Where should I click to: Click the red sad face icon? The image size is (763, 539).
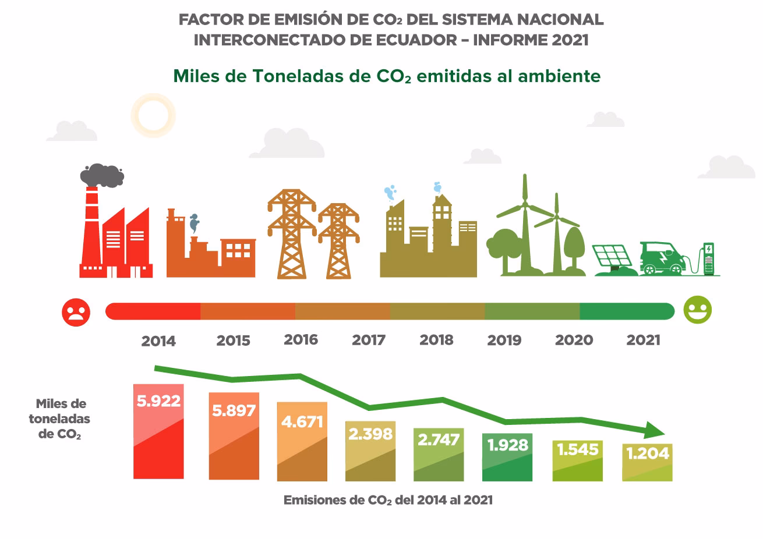click(x=76, y=312)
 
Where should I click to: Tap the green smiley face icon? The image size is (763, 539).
click(x=698, y=310)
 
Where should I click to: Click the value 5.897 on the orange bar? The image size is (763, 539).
click(x=234, y=411)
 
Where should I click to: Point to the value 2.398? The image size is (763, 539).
click(x=370, y=434)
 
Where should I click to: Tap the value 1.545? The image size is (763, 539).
click(x=577, y=449)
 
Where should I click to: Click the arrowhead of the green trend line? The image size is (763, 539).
click(x=655, y=430)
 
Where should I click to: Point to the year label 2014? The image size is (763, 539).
click(x=158, y=341)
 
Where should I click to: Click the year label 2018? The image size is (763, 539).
click(x=436, y=340)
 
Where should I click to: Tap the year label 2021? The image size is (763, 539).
click(x=643, y=340)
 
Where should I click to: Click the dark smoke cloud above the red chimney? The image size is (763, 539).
click(x=101, y=175)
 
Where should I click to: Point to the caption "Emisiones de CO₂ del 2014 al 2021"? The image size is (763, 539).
click(x=388, y=500)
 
